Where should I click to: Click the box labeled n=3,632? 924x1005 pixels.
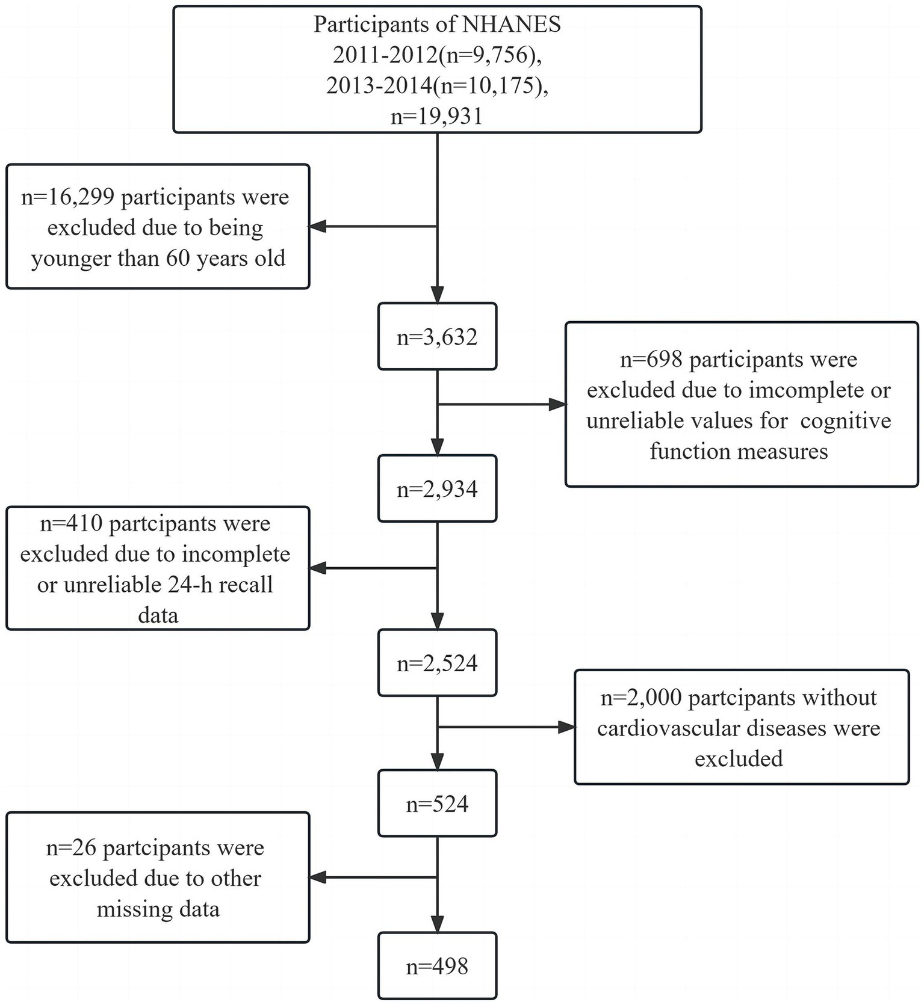pos(437,337)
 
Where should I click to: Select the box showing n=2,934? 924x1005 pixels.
pos(437,489)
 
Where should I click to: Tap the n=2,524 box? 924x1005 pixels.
pos(437,663)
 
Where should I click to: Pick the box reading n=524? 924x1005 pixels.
pos(437,804)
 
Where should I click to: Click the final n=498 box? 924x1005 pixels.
pos(437,967)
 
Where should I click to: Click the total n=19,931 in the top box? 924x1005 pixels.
pos(437,116)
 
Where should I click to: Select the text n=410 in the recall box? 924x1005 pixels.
pos(71,524)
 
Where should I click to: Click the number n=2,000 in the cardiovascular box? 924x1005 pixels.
pos(641,698)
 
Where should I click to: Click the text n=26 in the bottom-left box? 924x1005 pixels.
pos(72,848)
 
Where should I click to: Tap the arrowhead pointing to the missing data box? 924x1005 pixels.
pos(318,877)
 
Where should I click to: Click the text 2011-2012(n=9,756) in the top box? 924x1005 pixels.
pos(433,55)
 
